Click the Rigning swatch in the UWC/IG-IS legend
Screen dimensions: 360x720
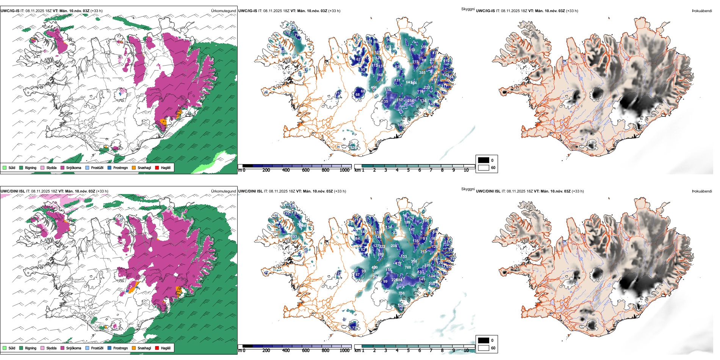click(21, 167)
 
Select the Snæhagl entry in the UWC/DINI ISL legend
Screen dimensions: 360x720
click(134, 348)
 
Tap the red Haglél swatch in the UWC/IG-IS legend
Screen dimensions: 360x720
click(157, 167)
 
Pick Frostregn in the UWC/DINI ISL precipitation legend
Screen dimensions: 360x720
click(110, 348)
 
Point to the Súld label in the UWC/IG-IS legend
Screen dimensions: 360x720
click(12, 167)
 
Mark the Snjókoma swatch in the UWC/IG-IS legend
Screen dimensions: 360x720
click(62, 167)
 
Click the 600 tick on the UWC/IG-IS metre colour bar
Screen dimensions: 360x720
click(305, 170)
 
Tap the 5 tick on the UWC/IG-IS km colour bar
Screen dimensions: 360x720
click(408, 170)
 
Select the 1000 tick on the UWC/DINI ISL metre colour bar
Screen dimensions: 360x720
click(344, 351)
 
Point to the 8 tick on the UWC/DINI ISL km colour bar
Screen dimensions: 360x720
click(442, 351)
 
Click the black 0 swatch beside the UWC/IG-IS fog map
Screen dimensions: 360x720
click(484, 160)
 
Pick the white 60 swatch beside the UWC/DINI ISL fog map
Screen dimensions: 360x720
click(484, 348)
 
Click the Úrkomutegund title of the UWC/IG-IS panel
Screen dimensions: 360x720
click(223, 11)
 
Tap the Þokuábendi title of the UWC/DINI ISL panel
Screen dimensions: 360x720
click(702, 191)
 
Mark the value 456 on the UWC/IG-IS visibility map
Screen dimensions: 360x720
click(374, 88)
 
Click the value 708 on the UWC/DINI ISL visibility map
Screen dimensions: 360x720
click(408, 268)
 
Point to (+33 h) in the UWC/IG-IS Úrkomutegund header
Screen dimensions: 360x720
click(97, 11)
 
